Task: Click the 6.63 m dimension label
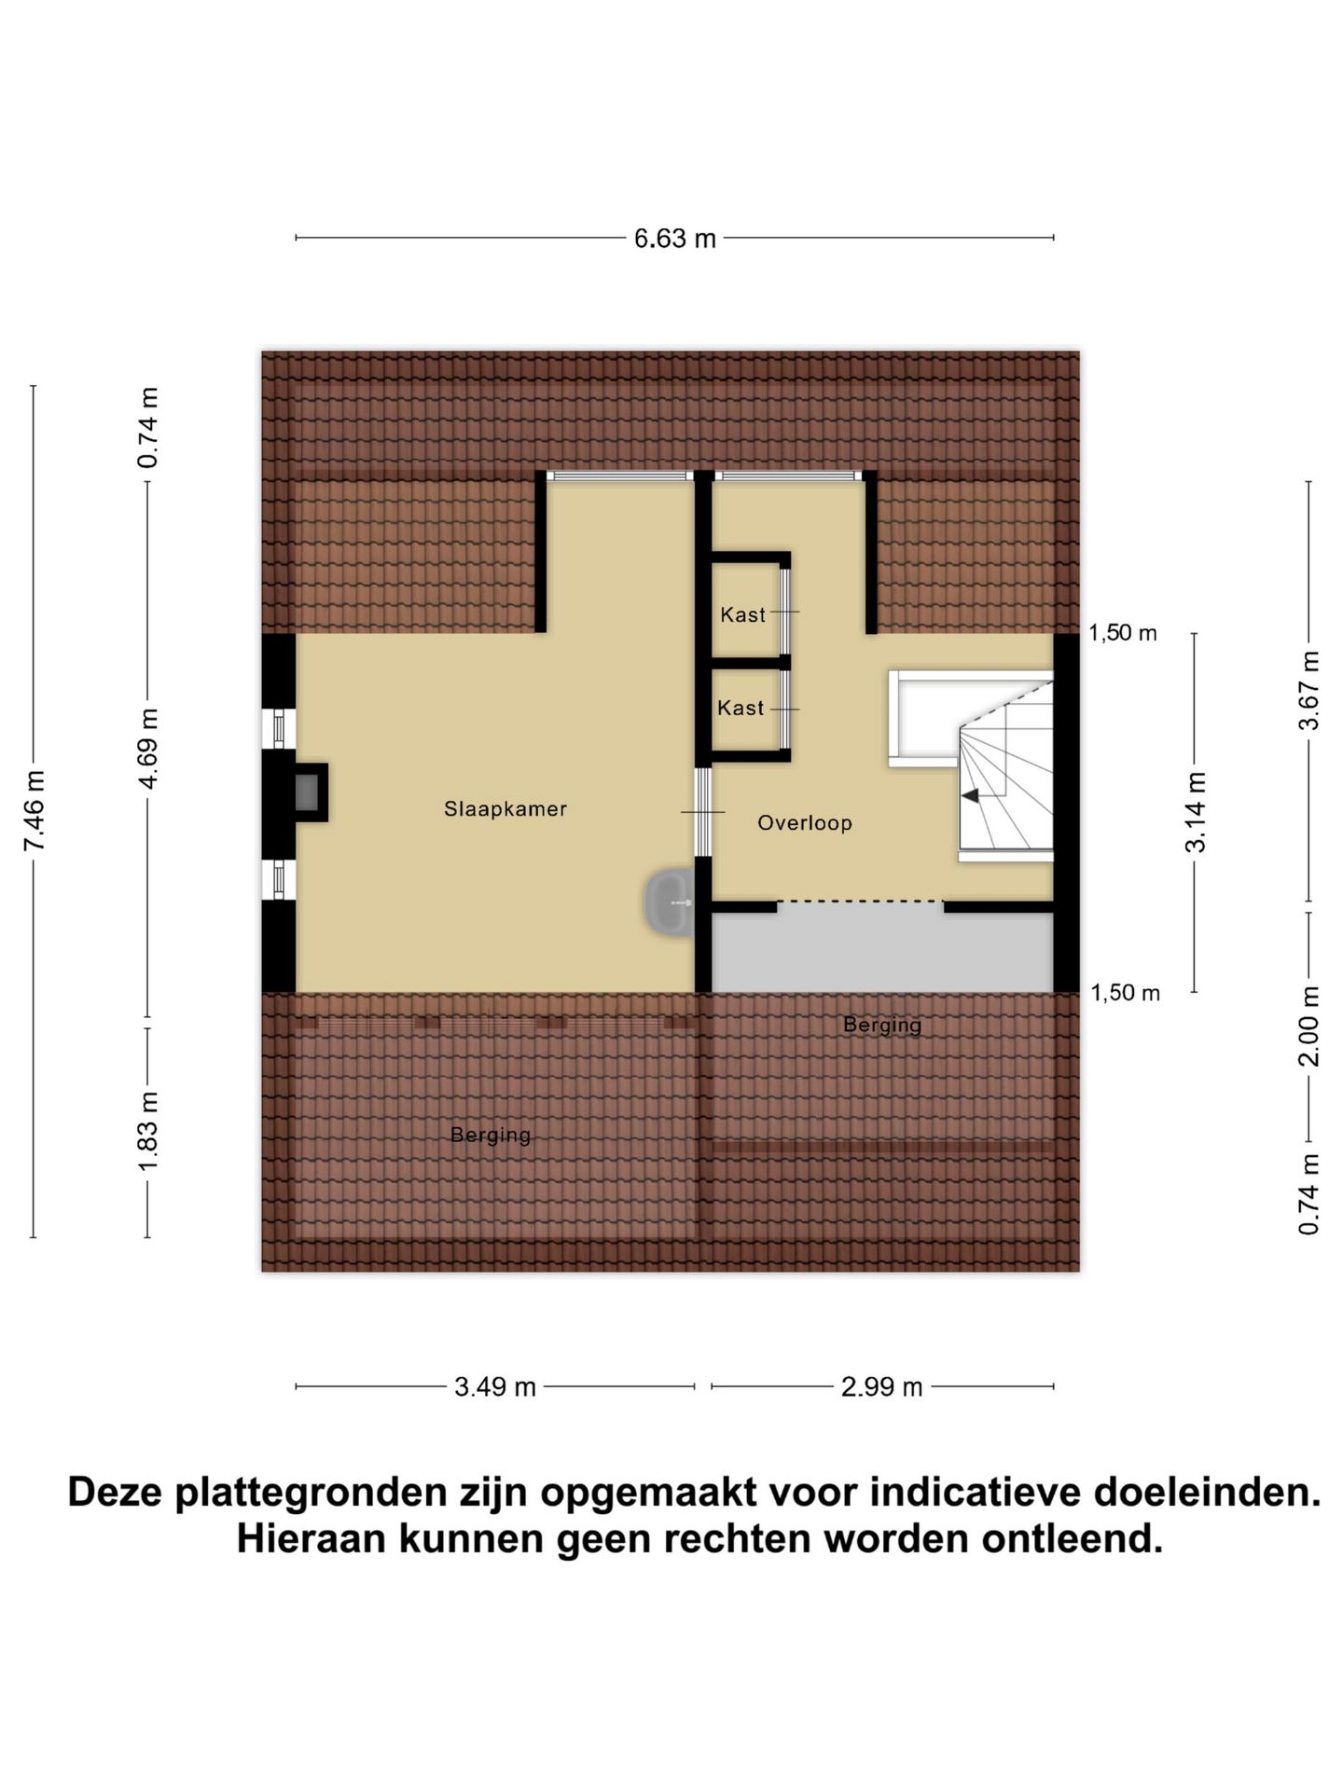674,239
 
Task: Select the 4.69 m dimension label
148,748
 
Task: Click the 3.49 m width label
495,1387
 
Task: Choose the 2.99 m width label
881,1387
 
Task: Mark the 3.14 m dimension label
1196,811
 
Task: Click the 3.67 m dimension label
1309,691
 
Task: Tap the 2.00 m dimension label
1309,1026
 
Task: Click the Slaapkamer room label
505,809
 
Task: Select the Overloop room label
804,823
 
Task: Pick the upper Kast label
742,614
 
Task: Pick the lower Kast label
741,709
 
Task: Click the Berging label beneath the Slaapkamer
491,1135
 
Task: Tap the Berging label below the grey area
881,1025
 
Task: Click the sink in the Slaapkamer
669,902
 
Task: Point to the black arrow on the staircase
971,795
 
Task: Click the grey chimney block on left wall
308,792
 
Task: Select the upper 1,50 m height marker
1122,633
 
